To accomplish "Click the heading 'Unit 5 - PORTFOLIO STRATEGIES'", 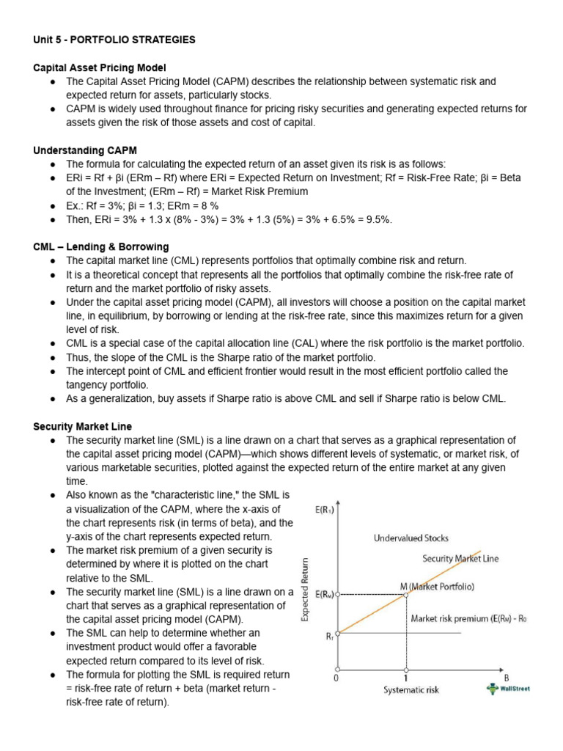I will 114,40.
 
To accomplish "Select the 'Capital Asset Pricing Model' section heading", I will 100,67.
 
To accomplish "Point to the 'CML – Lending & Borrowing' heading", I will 101,246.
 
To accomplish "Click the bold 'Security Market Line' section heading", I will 83,426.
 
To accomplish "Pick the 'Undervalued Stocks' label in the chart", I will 411,538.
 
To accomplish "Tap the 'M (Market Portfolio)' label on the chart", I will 437,586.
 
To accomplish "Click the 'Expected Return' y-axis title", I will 305,590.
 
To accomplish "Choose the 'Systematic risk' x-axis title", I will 411,689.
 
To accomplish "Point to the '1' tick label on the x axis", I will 406,678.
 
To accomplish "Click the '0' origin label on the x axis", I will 336,678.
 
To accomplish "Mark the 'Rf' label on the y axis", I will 329,637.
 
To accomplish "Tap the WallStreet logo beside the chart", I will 507,688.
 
